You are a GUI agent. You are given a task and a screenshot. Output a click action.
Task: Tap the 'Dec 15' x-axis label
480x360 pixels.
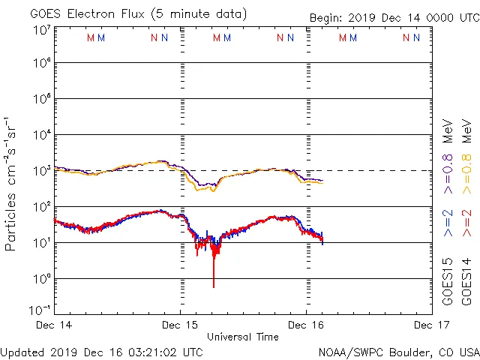pos(180,325)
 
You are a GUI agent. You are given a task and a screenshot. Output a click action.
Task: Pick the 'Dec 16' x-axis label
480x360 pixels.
pos(306,325)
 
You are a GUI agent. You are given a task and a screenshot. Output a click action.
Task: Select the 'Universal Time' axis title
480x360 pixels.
pos(243,337)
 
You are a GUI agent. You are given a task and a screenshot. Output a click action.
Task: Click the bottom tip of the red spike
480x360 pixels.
pos(214,286)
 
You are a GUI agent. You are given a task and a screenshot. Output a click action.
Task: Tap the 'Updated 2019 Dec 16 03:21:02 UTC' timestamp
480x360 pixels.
pos(101,352)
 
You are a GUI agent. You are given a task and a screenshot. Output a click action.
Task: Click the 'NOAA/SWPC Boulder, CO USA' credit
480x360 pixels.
pos(398,352)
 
